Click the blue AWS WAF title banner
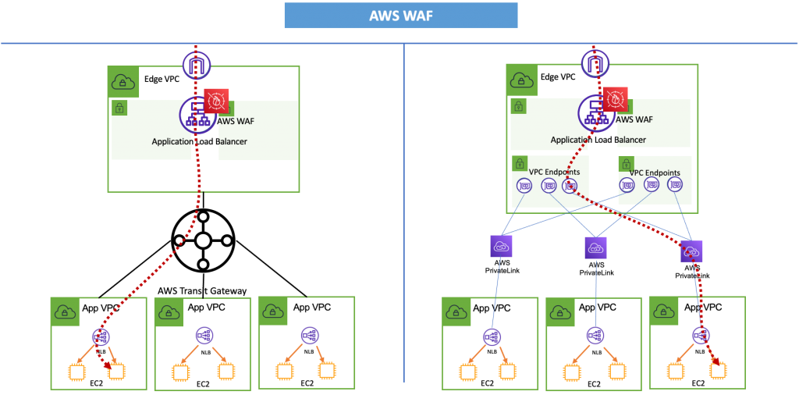pos(400,16)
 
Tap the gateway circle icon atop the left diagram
pos(197,64)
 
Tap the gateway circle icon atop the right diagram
pos(595,64)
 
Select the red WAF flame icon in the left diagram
pos(216,101)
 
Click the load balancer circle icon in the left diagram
pos(197,116)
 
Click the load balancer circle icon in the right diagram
pos(597,114)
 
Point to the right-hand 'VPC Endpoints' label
pos(654,173)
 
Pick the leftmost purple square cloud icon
pos(501,247)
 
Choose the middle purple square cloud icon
pos(595,247)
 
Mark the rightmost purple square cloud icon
pos(691,251)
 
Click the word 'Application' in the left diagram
pos(172,141)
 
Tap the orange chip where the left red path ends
pos(115,372)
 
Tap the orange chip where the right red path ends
pos(716,371)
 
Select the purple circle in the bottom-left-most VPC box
pos(100,336)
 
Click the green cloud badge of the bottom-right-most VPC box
pos(664,311)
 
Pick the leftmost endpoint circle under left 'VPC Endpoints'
pos(524,186)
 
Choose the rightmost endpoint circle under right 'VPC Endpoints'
pos(675,185)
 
